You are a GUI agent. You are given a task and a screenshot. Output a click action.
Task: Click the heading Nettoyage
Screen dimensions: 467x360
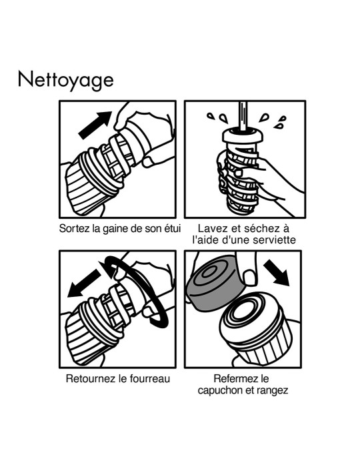[x=66, y=79]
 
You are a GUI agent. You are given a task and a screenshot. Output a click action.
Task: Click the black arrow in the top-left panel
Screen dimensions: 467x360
[x=95, y=125]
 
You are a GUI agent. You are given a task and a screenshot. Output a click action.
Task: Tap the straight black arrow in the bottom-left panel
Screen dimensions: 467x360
[x=85, y=286]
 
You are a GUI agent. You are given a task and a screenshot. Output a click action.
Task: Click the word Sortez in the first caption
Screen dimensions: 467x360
[x=75, y=228]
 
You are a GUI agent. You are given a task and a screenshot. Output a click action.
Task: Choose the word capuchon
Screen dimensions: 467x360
[x=221, y=390]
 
